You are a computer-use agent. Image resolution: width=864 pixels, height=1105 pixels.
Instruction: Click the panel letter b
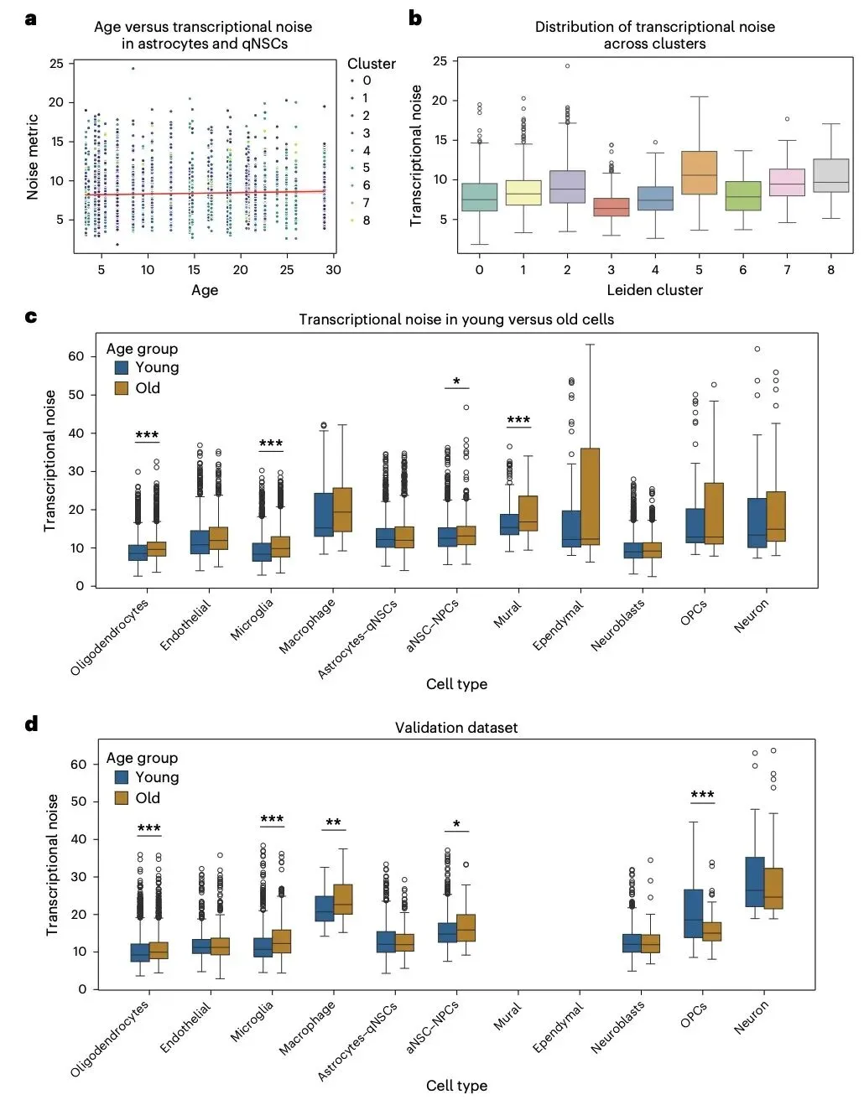[x=415, y=18]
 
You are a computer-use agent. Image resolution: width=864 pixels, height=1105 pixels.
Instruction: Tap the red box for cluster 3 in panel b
[x=611, y=206]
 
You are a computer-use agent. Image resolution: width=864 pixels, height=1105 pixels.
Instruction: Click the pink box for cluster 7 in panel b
[x=787, y=182]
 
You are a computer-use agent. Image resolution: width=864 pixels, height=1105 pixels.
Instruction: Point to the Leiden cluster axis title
[x=654, y=290]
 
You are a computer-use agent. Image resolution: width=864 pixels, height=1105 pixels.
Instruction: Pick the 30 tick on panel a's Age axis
[x=333, y=270]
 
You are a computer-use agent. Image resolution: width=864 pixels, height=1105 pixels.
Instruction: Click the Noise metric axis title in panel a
[x=33, y=157]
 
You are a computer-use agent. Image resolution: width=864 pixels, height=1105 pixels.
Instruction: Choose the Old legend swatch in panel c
[x=122, y=388]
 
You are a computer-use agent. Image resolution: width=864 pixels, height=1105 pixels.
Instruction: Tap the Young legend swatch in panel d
[x=122, y=777]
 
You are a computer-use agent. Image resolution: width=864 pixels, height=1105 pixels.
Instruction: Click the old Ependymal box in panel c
[x=590, y=496]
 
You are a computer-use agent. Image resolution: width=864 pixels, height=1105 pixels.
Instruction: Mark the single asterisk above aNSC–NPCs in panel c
[x=456, y=381]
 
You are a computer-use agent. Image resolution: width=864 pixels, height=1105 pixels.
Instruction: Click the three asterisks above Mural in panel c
[x=518, y=420]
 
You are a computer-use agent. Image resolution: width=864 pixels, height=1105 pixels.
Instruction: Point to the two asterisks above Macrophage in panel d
[x=333, y=822]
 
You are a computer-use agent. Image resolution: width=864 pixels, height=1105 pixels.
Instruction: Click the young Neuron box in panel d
[x=755, y=881]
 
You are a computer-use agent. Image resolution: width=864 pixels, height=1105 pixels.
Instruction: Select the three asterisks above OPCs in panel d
[x=702, y=795]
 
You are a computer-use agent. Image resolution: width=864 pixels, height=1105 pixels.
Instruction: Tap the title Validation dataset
[x=456, y=728]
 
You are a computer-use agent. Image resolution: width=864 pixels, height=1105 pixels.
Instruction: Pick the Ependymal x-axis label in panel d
[x=559, y=1027]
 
